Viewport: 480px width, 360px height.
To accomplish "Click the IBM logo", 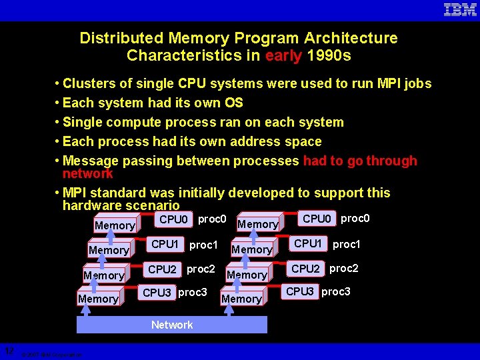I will pos(460,9).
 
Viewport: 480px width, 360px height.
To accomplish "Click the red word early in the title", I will pos(283,55).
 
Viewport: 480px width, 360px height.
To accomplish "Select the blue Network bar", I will pos(172,325).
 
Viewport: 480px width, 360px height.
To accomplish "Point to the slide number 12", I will pos(9,351).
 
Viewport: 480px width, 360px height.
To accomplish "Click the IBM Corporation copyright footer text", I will pos(51,355).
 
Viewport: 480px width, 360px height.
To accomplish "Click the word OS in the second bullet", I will pos(233,103).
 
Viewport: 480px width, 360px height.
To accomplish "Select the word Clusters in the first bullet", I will pos(90,83).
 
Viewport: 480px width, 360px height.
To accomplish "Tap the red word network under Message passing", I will pos(87,173).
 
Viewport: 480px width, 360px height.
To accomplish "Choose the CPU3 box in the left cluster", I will pos(157,293).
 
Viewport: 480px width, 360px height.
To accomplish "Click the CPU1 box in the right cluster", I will pos(308,244).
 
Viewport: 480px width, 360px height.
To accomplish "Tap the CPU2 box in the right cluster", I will pos(306,269).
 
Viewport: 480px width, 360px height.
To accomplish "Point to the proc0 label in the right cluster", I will pos(355,219).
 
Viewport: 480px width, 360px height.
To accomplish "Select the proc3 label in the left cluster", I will pos(193,292).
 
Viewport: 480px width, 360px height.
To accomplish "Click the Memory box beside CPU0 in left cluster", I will pos(115,226).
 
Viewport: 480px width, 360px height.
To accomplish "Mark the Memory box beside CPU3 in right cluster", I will pos(241,299).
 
